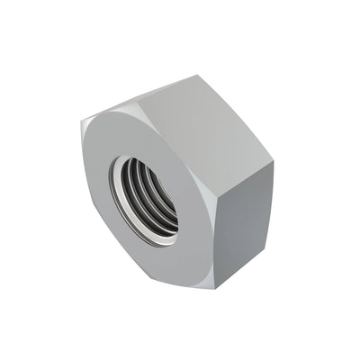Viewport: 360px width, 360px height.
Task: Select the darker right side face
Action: pyautogui.click(x=244, y=225)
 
